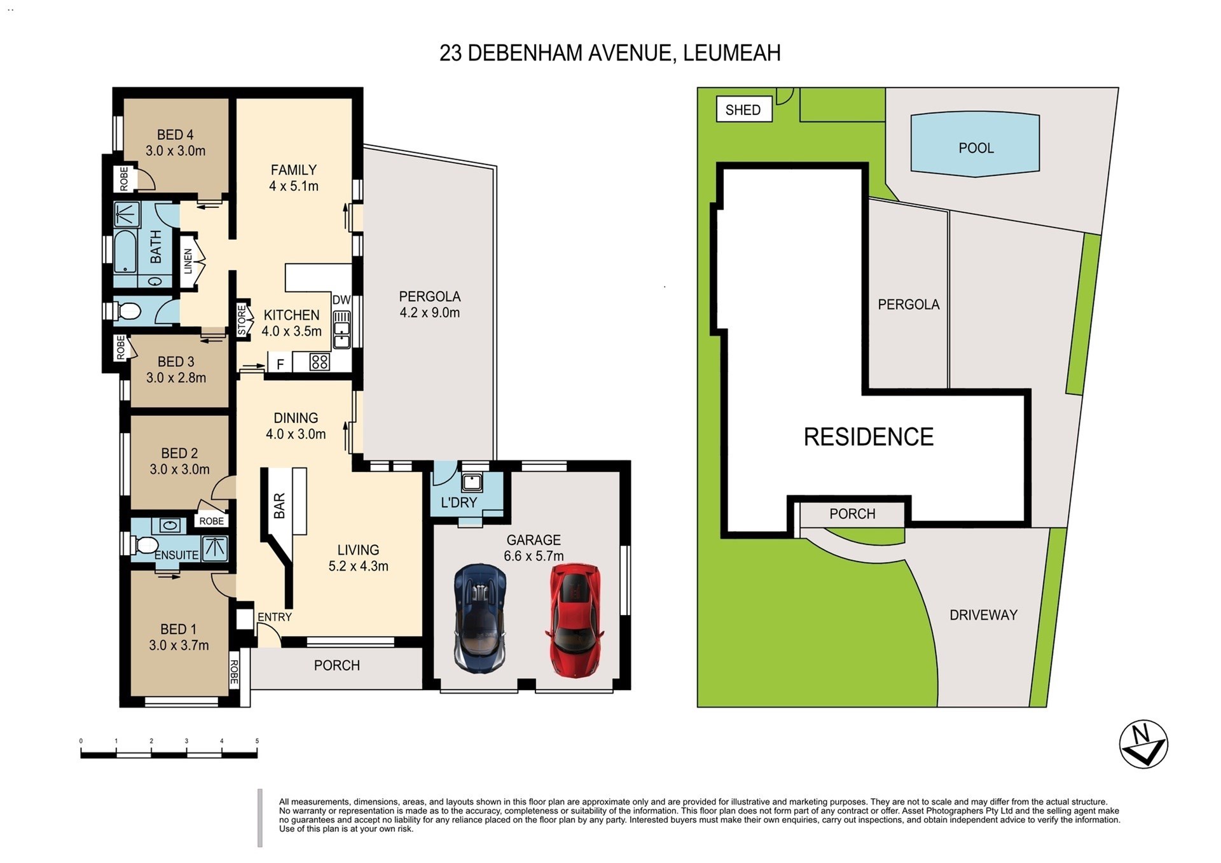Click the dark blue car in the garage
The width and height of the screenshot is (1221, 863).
click(480, 617)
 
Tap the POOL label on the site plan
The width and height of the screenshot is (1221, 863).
click(976, 148)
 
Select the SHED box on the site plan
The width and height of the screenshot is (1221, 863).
click(743, 110)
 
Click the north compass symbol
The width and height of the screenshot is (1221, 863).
click(1143, 743)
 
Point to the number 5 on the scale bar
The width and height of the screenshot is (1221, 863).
click(257, 741)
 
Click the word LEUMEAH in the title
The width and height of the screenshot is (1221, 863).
click(731, 53)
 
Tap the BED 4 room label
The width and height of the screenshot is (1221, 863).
click(175, 135)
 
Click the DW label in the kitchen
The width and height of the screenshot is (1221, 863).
click(341, 300)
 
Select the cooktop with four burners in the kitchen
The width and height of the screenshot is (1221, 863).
click(320, 362)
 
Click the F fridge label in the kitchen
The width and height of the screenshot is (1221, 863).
click(280, 364)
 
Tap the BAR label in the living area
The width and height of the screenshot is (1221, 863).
click(279, 506)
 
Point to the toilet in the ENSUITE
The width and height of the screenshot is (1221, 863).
click(146, 545)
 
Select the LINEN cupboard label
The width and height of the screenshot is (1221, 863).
click(188, 261)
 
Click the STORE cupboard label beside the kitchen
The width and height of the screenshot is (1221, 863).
click(242, 320)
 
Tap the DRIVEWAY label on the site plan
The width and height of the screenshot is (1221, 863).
click(983, 615)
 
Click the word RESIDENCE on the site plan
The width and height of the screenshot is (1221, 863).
click(868, 437)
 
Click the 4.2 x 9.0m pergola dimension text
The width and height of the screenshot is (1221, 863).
click(429, 312)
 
